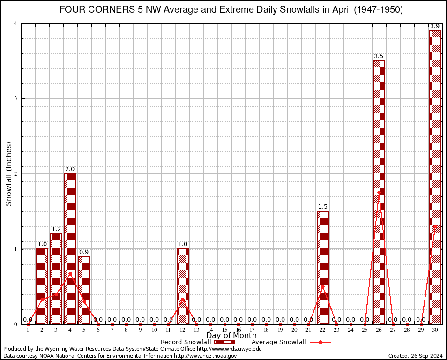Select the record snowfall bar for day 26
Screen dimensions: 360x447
pyautogui.click(x=379, y=192)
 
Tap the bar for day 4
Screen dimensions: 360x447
pyautogui.click(x=70, y=248)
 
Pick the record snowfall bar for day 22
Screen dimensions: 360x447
pyautogui.click(x=323, y=267)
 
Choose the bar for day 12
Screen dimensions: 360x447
pyautogui.click(x=183, y=286)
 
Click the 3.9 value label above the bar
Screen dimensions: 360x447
pyautogui.click(x=435, y=26)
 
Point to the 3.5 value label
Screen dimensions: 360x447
pyautogui.click(x=379, y=56)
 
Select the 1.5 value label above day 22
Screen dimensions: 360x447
pyautogui.click(x=323, y=207)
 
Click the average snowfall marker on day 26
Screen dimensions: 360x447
pyautogui.click(x=379, y=192)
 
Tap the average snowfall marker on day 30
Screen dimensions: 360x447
pyautogui.click(x=435, y=226)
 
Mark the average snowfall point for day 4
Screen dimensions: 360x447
pyautogui.click(x=70, y=273)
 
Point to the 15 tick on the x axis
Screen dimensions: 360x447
pyautogui.click(x=224, y=330)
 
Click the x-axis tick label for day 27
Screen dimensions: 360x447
pyautogui.click(x=393, y=330)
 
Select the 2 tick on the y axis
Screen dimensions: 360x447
pyautogui.click(x=15, y=174)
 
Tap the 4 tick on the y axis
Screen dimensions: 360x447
pyautogui.click(x=15, y=23)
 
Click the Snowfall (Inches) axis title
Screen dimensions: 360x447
pyautogui.click(x=9, y=173)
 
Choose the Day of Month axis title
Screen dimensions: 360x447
pyautogui.click(x=231, y=336)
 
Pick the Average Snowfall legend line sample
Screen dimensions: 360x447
pyautogui.click(x=320, y=342)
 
